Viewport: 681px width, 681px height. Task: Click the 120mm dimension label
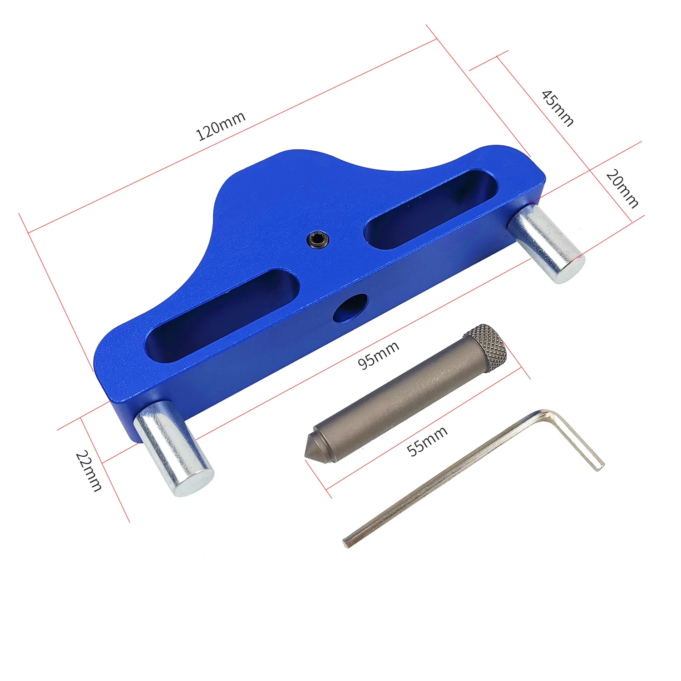point(221,126)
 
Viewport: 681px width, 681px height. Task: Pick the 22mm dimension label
point(89,471)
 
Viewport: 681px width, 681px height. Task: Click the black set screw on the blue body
point(317,239)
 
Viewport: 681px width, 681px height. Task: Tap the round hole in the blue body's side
point(350,308)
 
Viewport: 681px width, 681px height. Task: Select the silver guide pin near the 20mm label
point(546,243)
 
